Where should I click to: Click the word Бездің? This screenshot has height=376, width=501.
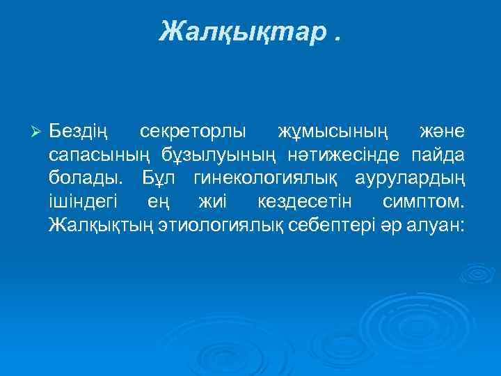point(79,132)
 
